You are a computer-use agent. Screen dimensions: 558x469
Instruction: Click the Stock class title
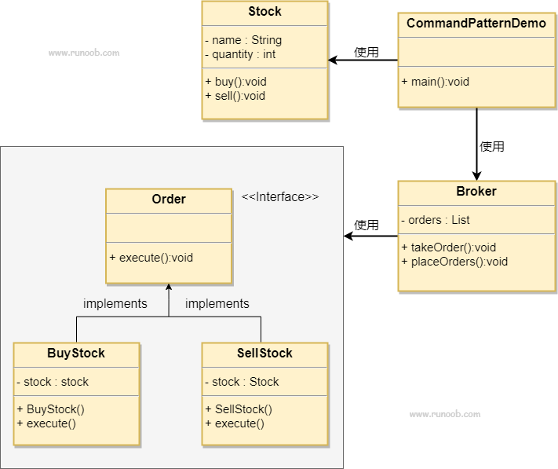[264, 12]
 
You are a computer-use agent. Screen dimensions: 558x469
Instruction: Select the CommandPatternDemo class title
[476, 23]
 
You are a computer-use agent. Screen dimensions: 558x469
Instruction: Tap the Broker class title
[476, 191]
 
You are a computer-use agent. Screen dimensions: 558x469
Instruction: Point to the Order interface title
[169, 199]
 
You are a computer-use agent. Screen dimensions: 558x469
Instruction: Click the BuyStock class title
[76, 354]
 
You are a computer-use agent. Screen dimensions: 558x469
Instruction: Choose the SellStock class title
[264, 354]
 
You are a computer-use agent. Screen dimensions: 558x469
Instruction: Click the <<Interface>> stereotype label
[280, 197]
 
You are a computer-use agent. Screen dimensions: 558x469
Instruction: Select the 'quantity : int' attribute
[240, 54]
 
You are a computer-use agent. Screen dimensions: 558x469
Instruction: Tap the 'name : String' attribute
[243, 40]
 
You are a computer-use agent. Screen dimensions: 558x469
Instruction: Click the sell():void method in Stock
[235, 96]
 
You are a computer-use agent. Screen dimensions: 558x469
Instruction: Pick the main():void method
[436, 82]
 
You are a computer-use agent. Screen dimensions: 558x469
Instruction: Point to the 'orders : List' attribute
[436, 220]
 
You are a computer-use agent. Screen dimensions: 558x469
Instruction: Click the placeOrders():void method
[454, 262]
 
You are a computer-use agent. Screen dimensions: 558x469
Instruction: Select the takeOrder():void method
[448, 247]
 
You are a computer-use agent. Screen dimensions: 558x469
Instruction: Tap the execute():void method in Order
[151, 258]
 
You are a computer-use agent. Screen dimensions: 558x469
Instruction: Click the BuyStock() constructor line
[50, 409]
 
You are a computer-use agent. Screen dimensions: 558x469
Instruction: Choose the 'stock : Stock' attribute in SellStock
[242, 382]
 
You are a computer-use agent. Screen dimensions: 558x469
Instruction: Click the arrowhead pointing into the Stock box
[333, 60]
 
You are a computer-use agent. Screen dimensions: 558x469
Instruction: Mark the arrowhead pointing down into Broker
[476, 175]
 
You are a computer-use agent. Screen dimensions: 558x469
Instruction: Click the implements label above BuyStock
[115, 304]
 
